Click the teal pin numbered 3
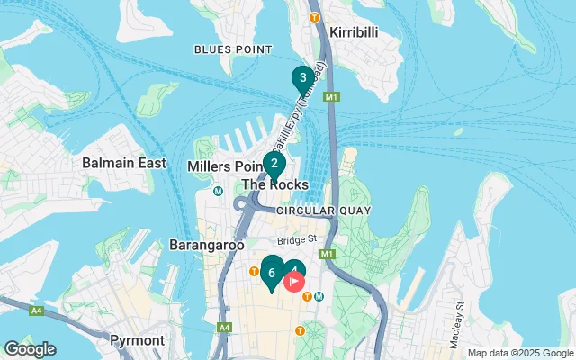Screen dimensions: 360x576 (303, 77)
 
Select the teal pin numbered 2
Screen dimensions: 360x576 (274, 164)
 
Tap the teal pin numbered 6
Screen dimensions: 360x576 (271, 272)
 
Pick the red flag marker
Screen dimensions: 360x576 (294, 281)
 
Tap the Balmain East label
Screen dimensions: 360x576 (124, 163)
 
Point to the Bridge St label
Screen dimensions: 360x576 (297, 240)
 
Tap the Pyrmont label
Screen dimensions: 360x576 (137, 340)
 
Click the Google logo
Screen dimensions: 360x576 (30, 349)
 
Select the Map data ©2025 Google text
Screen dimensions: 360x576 (520, 353)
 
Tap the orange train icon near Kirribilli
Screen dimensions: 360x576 (314, 17)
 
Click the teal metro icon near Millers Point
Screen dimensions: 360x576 (218, 191)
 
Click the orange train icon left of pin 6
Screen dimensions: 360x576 (255, 270)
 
